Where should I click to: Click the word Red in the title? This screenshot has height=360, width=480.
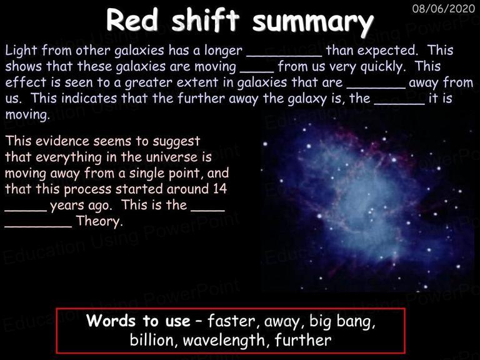coord(132,20)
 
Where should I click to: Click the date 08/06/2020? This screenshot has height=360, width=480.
coord(443,9)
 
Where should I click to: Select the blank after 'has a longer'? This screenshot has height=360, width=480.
coord(284,56)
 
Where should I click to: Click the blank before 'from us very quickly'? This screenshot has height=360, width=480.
coord(257,72)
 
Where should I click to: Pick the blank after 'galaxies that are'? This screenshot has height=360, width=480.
coord(376,87)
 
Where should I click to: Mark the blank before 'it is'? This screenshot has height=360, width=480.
coord(399,104)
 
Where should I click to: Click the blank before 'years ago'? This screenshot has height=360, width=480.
coord(26,210)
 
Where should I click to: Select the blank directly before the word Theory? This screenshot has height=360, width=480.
coord(38,226)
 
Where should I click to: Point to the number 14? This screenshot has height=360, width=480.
coord(220,189)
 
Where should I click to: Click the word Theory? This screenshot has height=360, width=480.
coord(99,221)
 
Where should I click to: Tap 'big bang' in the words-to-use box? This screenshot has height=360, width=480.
coord(342,321)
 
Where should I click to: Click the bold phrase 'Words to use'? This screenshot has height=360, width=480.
coord(138,321)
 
